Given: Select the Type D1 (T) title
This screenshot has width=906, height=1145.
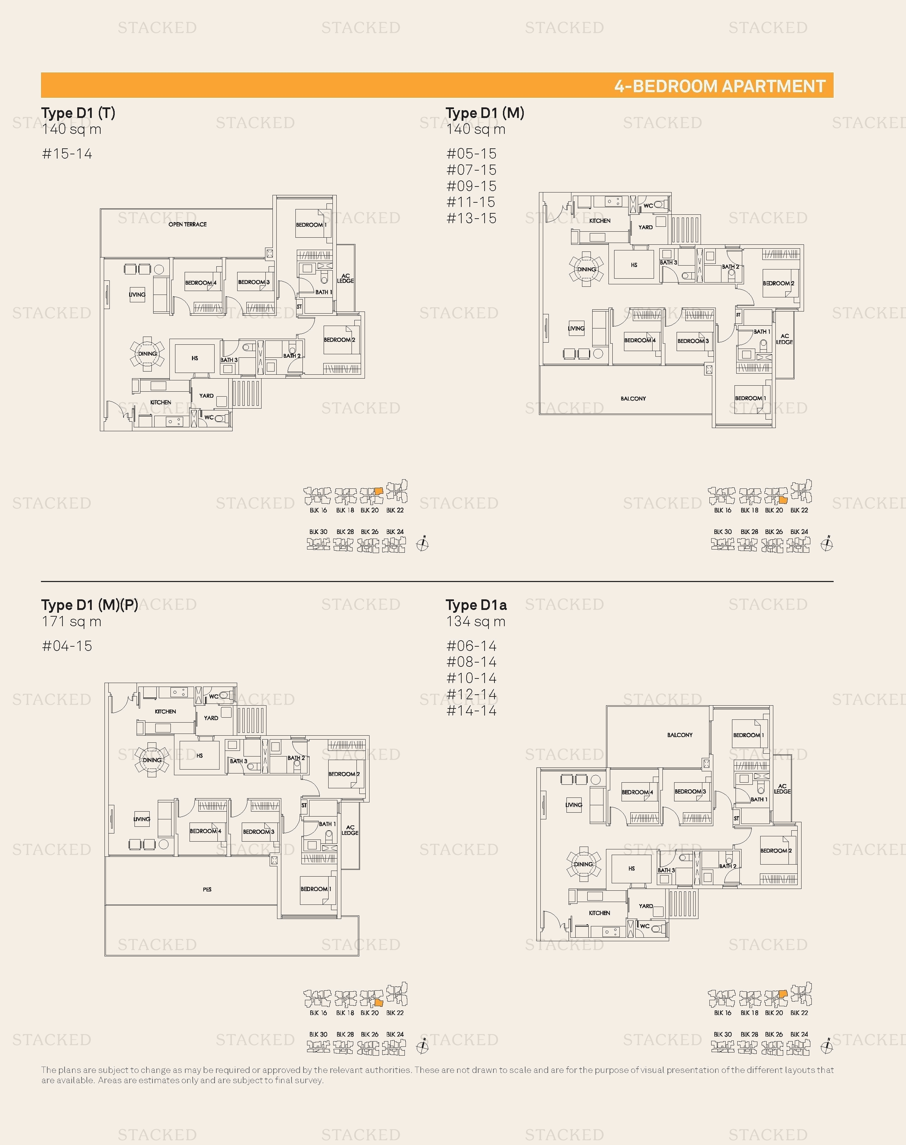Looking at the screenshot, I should (78, 113).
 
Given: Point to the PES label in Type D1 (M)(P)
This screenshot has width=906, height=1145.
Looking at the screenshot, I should (207, 889).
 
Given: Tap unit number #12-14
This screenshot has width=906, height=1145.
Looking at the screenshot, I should (471, 694).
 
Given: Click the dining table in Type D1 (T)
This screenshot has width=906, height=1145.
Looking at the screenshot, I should (148, 354).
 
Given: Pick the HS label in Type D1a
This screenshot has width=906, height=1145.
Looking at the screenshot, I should (631, 868).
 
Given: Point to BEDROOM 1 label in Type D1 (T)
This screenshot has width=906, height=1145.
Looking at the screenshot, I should (311, 225).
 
